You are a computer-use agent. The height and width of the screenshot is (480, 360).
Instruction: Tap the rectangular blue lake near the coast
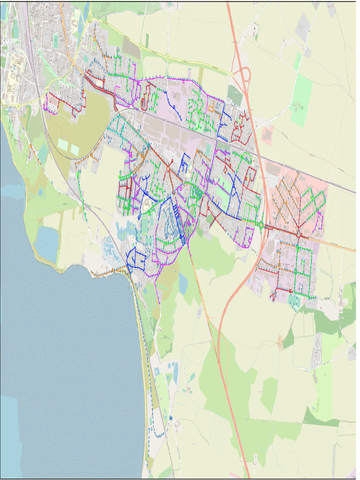[46, 243]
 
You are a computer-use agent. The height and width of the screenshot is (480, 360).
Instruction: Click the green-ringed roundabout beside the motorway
[261, 225]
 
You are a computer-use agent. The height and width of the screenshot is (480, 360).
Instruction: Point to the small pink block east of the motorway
[267, 135]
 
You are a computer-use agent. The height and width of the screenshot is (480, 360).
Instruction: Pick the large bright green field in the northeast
[301, 100]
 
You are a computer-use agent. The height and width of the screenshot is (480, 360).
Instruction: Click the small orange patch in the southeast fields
[280, 338]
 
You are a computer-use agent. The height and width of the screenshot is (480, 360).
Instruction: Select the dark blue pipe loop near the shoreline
[136, 259]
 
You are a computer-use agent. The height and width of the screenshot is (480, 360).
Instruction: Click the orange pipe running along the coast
[105, 272]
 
